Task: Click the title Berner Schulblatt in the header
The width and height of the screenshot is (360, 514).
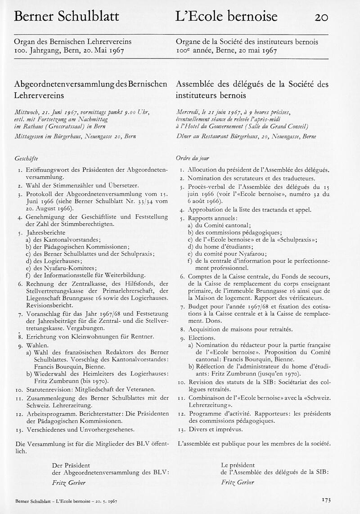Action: click(67, 17)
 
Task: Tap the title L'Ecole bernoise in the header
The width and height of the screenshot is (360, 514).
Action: click(226, 17)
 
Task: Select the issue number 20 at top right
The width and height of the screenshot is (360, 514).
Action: click(321, 17)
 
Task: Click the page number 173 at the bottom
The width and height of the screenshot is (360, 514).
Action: click(326, 500)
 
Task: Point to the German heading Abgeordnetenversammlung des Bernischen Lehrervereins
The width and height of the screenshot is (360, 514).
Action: click(90, 89)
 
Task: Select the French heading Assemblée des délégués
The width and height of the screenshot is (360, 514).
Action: click(252, 89)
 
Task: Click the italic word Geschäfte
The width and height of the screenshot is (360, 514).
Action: click(27, 158)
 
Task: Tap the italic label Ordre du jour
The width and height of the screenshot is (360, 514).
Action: click(192, 158)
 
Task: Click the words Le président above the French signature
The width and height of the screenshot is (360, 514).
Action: click(238, 465)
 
